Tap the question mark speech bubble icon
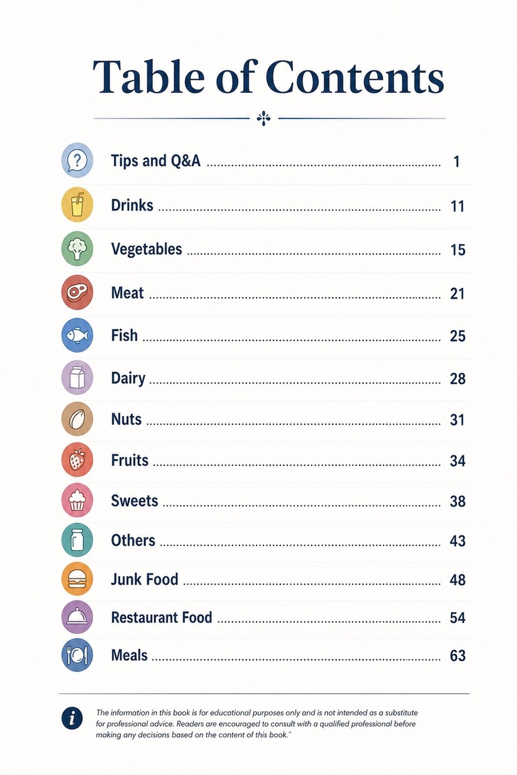77,160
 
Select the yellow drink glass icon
77,204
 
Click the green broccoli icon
77,248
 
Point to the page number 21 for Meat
457,294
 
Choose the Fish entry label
124,335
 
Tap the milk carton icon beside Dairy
77,378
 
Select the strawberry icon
77,459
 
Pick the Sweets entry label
134,501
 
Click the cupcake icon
77,500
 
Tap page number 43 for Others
458,541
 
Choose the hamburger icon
77,579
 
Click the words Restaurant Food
161,617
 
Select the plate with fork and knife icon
77,655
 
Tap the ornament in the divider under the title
264,118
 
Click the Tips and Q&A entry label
155,161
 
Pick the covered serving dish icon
77,617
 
